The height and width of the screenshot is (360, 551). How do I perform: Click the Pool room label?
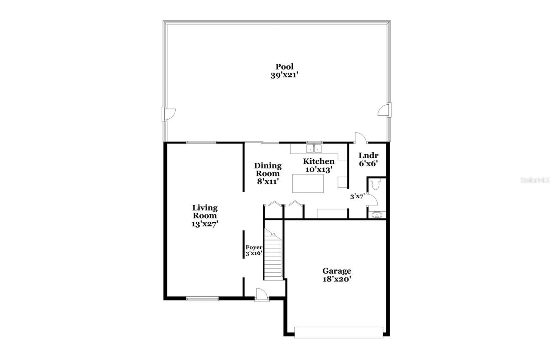[x=284, y=67]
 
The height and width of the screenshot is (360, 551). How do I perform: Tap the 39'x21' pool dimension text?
[x=284, y=75]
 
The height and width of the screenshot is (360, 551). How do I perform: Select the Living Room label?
[x=205, y=211]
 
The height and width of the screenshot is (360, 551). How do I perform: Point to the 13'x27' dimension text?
[x=205, y=224]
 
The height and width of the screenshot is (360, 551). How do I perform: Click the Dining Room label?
[x=268, y=169]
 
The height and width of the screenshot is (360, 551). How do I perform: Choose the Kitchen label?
[x=319, y=161]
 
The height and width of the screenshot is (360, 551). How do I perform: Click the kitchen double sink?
[x=314, y=148]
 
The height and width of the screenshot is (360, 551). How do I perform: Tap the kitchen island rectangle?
[x=308, y=183]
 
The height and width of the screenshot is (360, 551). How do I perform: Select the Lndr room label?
[x=368, y=156]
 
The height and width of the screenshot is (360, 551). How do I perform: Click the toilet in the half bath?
[x=375, y=184]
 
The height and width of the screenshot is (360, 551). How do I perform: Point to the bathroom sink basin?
[x=377, y=215]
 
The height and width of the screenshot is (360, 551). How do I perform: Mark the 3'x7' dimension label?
[x=357, y=197]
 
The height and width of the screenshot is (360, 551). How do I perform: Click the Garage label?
[x=336, y=271]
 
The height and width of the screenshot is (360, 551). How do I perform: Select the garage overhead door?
[x=339, y=332]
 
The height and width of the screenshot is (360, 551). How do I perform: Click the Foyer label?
[x=254, y=247]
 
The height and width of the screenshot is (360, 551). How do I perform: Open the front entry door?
[x=262, y=295]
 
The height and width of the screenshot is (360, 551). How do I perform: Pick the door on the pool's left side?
[x=168, y=114]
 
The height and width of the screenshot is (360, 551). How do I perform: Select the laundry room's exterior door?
[x=360, y=138]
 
